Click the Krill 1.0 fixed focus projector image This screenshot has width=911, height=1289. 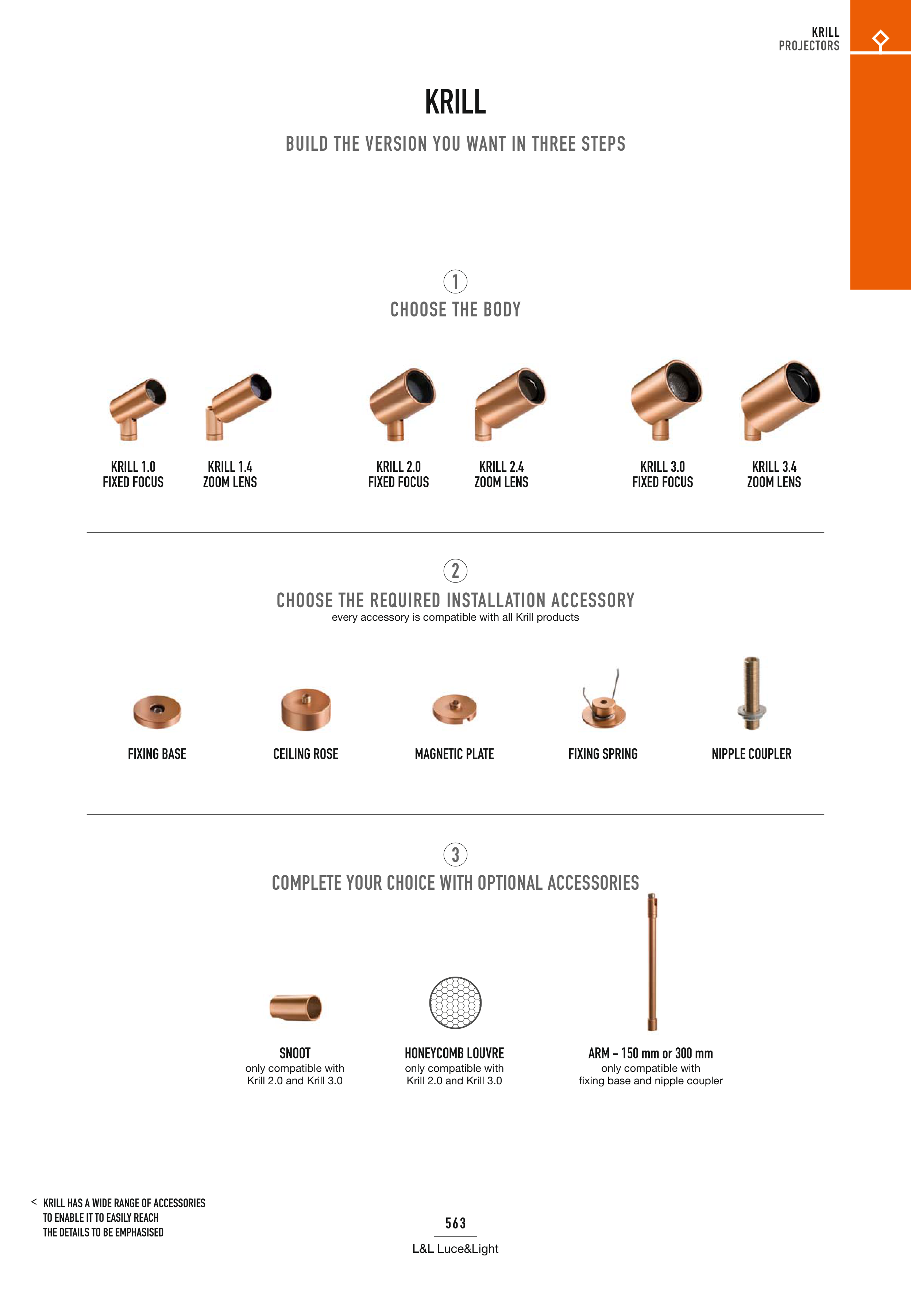click(137, 408)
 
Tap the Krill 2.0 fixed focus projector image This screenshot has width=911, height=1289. click(402, 404)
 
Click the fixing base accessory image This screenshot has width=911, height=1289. click(157, 711)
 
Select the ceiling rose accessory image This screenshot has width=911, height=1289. click(306, 709)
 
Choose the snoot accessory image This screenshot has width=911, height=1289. click(295, 1007)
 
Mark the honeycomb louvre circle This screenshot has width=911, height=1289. click(455, 1002)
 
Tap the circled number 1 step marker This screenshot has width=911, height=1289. click(455, 282)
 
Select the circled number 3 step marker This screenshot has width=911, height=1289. click(455, 854)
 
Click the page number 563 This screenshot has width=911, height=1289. click(455, 1223)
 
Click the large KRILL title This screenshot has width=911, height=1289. click(455, 102)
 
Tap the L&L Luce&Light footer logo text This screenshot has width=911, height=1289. click(455, 1248)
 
